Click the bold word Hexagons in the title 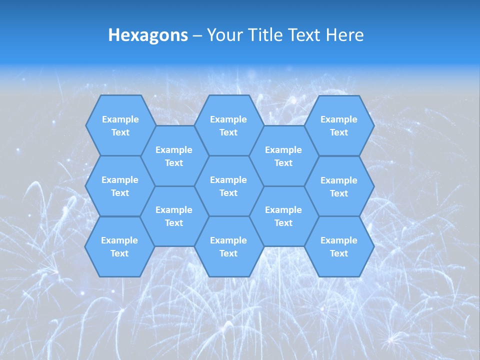tap(148, 35)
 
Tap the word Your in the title tap(224, 35)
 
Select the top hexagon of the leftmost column tap(120, 125)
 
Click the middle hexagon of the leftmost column tap(120, 186)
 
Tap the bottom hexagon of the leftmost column tap(119, 246)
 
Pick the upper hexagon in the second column tap(174, 156)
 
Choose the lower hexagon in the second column tap(174, 216)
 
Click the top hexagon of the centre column tap(228, 125)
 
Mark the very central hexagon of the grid tap(228, 186)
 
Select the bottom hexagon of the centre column tap(228, 246)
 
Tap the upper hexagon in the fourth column tap(283, 156)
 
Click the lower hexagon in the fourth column tap(283, 216)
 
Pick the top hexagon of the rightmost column tap(339, 125)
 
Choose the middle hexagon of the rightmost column tap(339, 186)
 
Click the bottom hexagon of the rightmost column tap(339, 246)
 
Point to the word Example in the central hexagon tap(228, 180)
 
